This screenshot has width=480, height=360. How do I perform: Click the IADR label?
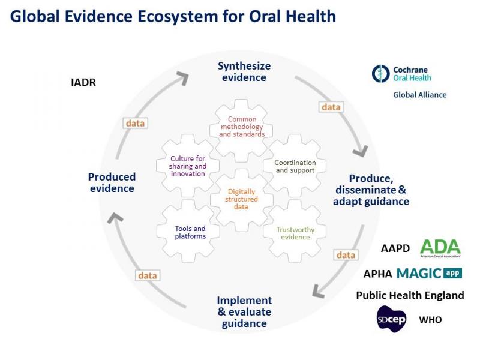click(83, 82)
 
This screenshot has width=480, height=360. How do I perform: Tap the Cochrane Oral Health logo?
click(402, 73)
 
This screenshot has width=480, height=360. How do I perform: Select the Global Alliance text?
click(419, 95)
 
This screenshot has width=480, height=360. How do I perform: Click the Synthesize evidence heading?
click(244, 71)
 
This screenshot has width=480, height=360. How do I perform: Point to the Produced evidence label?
click(112, 182)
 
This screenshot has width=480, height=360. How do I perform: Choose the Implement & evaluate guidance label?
click(244, 311)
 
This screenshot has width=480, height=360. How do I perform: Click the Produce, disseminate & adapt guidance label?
click(371, 190)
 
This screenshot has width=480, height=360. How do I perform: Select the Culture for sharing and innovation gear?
click(188, 166)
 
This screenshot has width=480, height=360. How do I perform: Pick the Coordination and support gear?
click(295, 166)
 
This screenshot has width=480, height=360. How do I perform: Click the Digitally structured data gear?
click(242, 199)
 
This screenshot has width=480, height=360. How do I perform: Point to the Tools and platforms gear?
click(190, 232)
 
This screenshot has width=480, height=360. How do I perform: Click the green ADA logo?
click(440, 247)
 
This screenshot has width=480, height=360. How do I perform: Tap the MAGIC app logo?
click(429, 273)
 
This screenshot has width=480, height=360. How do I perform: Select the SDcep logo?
click(392, 319)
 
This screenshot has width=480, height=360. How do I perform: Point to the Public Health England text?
click(410, 295)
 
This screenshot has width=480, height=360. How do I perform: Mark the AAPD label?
click(395, 248)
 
